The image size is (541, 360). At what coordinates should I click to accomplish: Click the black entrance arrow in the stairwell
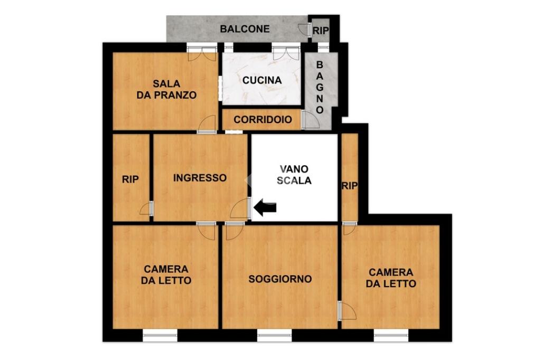[x=265, y=207]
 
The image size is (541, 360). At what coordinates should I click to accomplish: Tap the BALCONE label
[x=245, y=29]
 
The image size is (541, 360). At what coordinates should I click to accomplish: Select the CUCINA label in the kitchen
[x=262, y=80]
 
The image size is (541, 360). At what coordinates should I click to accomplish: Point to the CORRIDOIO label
[x=263, y=120]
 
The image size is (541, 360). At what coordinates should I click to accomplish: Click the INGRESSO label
[x=200, y=178]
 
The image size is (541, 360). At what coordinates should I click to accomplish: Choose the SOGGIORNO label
[x=280, y=279]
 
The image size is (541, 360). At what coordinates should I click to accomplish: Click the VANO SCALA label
[x=294, y=175]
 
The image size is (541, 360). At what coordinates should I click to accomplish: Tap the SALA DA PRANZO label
[x=166, y=89]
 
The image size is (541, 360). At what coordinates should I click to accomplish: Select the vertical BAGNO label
[x=320, y=87]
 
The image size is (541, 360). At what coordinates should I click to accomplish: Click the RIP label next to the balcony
[x=321, y=31]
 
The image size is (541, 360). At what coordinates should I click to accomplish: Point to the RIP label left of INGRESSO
[x=130, y=179]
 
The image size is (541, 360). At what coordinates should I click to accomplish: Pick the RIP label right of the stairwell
[x=350, y=186]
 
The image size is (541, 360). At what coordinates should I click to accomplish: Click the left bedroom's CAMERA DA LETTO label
[x=166, y=275]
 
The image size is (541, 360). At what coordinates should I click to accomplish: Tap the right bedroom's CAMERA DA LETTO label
[x=391, y=278]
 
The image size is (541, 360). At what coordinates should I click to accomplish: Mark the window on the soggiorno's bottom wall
[x=274, y=335]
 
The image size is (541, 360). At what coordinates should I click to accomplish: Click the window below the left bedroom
[x=160, y=335]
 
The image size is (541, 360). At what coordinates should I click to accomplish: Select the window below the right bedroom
[x=391, y=335]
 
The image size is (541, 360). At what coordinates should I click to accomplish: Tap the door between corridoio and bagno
[x=310, y=120]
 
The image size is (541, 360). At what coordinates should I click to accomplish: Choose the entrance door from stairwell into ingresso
[x=240, y=209]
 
